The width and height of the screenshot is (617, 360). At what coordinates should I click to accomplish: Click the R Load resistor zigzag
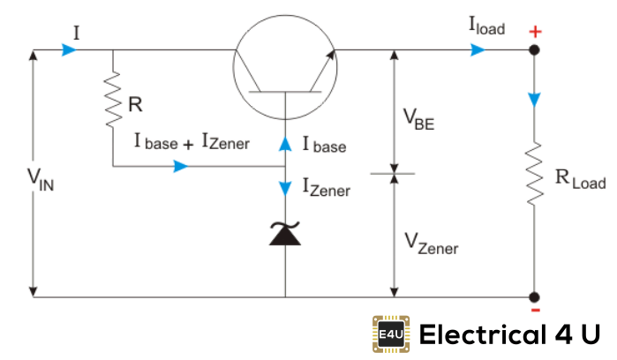click(535, 174)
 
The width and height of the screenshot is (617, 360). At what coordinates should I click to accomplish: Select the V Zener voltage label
click(430, 243)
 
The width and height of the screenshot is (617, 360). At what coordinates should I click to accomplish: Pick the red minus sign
click(535, 311)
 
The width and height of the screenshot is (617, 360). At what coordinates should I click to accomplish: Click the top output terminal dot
click(535, 50)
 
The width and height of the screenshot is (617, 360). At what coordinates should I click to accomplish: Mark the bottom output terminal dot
click(535, 297)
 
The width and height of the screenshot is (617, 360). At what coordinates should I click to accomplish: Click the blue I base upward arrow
click(285, 141)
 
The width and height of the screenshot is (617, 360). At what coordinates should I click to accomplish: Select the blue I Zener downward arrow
click(285, 189)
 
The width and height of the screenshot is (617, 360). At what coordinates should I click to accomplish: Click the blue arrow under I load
click(478, 50)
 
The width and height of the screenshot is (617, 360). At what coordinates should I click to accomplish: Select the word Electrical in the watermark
click(480, 334)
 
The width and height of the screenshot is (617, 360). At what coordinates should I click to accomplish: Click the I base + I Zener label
click(192, 142)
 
